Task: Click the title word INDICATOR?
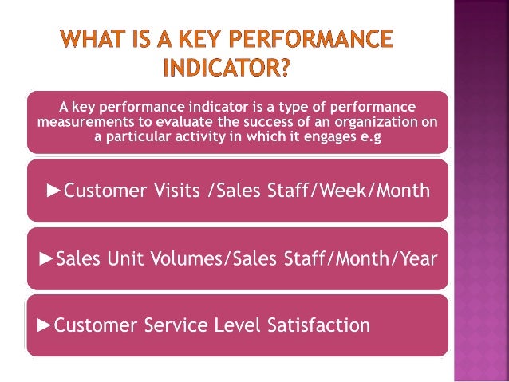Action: click(226, 69)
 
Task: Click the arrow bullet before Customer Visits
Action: click(54, 191)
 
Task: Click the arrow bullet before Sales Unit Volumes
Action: click(47, 258)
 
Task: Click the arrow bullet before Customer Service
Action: click(45, 325)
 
